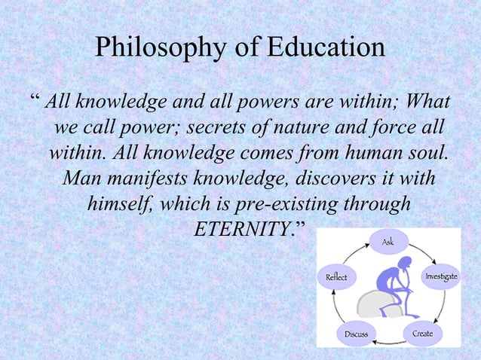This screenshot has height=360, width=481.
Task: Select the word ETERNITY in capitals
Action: pos(242,228)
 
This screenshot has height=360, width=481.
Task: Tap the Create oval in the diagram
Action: pos(422,332)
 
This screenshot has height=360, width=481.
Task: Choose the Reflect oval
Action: pos(335,277)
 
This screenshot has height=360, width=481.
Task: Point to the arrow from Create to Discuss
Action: pos(389,343)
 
